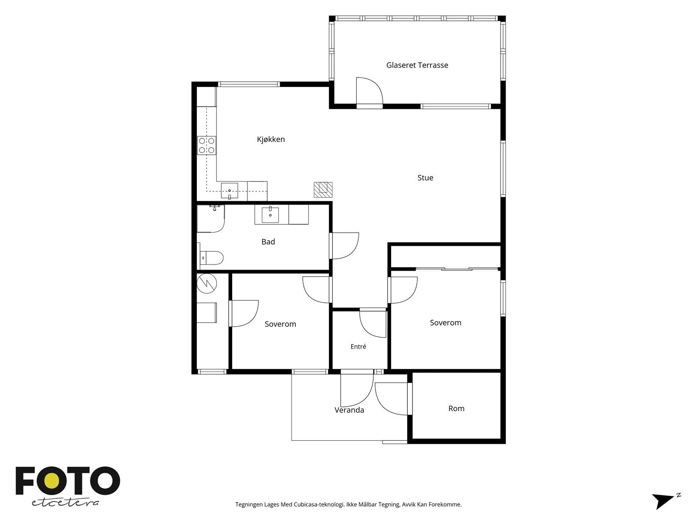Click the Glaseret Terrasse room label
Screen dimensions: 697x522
(x=417, y=65)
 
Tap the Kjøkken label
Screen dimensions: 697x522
(x=271, y=139)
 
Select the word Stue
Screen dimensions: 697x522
(x=425, y=178)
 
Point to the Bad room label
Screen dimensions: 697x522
(x=268, y=242)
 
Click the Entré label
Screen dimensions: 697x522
(x=358, y=346)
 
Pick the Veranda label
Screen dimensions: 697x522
(x=349, y=410)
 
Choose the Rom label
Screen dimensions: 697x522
(x=456, y=408)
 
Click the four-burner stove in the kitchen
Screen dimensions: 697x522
(x=206, y=145)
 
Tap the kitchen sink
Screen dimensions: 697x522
(x=229, y=191)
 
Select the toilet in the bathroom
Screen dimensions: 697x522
(x=211, y=258)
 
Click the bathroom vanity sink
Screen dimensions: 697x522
(x=270, y=215)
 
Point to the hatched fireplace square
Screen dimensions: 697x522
(x=323, y=190)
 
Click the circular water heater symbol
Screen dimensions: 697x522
(x=207, y=283)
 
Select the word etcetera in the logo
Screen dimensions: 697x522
(x=65, y=503)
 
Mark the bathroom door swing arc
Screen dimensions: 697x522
(x=352, y=251)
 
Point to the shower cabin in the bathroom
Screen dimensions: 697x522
(x=210, y=219)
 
